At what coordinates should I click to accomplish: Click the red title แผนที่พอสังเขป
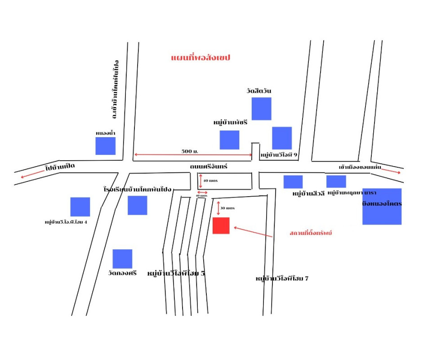click(x=201, y=58)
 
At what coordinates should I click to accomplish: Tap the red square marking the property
click(x=221, y=225)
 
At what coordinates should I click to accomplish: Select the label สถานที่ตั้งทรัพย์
click(x=311, y=233)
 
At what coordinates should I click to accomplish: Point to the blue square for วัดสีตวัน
click(x=261, y=109)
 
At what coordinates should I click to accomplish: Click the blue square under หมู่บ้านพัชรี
click(x=229, y=139)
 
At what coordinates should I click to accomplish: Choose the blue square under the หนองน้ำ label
click(x=106, y=146)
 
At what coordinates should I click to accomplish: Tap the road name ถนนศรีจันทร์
click(x=209, y=166)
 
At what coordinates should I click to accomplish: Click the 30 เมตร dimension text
click(x=228, y=208)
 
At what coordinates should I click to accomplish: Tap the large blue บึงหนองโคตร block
click(x=382, y=207)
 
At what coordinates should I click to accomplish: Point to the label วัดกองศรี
click(x=122, y=273)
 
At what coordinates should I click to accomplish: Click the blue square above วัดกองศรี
click(x=122, y=259)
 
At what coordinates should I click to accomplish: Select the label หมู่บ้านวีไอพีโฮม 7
click(x=282, y=279)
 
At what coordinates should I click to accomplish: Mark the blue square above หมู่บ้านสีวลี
click(x=293, y=182)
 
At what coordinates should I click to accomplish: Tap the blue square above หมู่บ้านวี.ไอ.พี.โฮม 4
click(x=80, y=207)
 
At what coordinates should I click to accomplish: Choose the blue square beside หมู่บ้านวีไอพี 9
click(x=282, y=138)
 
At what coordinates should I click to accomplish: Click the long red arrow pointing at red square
click(x=253, y=232)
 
